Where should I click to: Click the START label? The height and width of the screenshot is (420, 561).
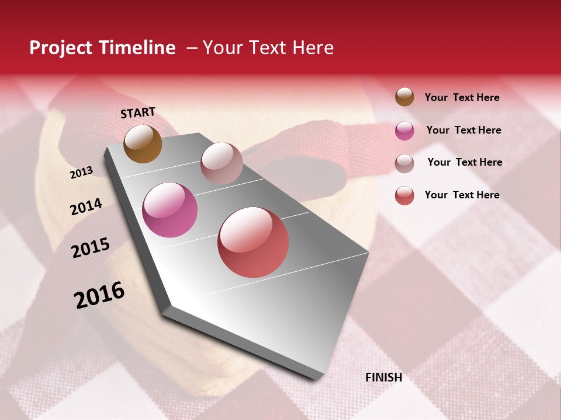coord(138,112)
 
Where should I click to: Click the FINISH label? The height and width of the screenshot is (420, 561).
coord(383,377)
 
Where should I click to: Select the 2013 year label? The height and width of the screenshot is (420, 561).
coord(81,173)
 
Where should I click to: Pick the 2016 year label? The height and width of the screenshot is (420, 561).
coord(99,295)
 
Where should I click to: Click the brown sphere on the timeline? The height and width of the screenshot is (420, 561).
coord(143,143)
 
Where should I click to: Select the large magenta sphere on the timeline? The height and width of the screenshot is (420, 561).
coord(169,210)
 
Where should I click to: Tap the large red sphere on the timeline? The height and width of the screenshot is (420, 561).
coord(253,242)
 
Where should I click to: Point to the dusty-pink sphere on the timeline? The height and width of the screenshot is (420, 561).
coord(221,163)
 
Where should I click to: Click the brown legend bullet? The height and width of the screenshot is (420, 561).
coord(404,97)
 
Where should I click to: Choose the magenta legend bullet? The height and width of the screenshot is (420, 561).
coord(404,131)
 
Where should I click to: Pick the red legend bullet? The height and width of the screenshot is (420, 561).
coord(404,195)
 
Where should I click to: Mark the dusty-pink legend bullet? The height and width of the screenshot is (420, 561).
coord(404,163)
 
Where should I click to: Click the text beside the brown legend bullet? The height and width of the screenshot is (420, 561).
coord(462,97)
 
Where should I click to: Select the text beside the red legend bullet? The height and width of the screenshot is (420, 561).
coord(462,195)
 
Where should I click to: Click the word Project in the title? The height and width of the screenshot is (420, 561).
coord(61,48)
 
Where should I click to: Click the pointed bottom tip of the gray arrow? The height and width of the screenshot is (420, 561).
coord(316,377)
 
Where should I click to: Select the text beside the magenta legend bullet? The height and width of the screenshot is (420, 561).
coord(463,130)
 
